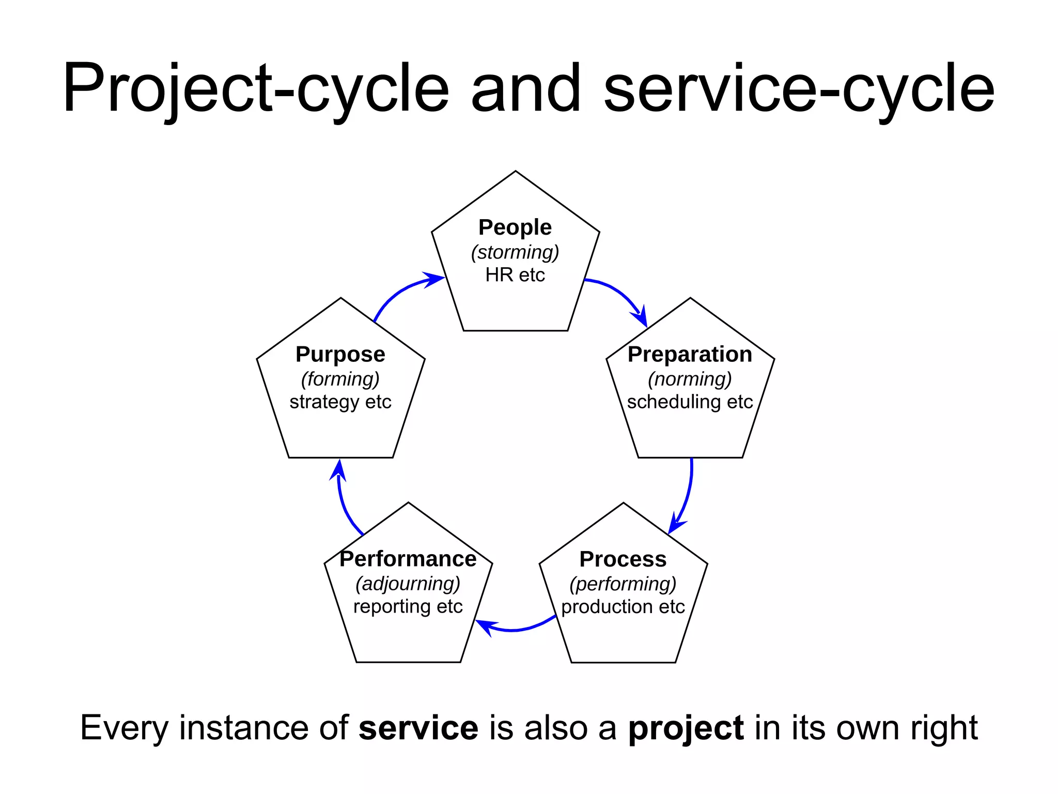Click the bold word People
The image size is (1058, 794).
(x=515, y=227)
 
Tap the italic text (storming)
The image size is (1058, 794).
(x=515, y=252)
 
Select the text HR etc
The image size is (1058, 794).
(x=515, y=275)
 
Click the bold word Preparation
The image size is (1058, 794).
(x=690, y=355)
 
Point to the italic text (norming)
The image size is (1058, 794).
(x=690, y=379)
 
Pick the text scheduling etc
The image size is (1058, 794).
(x=690, y=402)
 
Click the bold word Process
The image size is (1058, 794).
(x=623, y=559)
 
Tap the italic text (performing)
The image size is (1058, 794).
(x=623, y=584)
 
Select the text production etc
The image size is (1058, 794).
(x=623, y=607)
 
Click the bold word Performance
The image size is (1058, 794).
(x=408, y=559)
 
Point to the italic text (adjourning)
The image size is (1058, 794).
(x=408, y=584)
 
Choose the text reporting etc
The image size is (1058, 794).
(x=408, y=607)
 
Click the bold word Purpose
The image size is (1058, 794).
(x=340, y=355)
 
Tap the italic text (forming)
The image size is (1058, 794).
(x=340, y=379)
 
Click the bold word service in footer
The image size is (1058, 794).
(x=418, y=728)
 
